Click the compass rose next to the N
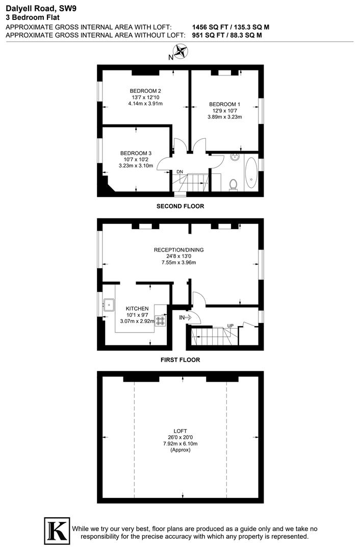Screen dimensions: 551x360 coord(181,52)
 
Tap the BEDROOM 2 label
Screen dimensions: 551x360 coord(145,91)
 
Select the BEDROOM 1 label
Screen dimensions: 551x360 coord(224,104)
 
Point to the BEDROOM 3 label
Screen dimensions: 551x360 coord(136,153)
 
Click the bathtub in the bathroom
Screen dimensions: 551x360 coord(251,173)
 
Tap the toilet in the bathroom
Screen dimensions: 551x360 coord(234,183)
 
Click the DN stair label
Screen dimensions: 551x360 coord(179,171)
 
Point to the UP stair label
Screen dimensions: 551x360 coord(230,325)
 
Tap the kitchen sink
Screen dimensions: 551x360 coord(109,305)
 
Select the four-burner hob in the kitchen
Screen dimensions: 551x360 coord(160,321)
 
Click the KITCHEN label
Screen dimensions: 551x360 coord(137,309)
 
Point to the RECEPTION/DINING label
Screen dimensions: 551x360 coord(179,250)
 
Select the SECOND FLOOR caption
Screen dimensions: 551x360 coord(180,207)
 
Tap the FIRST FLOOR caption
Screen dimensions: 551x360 coord(180,360)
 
